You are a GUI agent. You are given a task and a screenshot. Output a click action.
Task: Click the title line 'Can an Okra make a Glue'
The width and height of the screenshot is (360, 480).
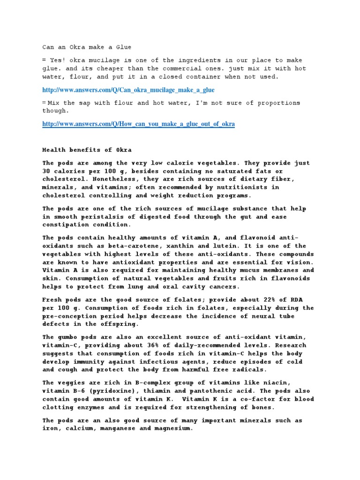pyautogui.click(x=87, y=47)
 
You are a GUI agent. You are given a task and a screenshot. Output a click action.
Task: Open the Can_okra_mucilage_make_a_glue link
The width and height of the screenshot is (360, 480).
pyautogui.click(x=128, y=90)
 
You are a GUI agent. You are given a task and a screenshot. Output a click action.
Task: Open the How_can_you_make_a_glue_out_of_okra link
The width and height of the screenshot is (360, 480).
pyautogui.click(x=139, y=124)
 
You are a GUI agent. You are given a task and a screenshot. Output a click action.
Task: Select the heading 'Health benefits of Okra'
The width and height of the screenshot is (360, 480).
pyautogui.click(x=87, y=150)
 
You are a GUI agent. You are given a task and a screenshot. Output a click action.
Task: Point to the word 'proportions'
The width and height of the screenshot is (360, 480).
pyautogui.click(x=278, y=103)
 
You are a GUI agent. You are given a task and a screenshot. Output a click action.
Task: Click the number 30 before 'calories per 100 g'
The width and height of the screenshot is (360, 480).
pyautogui.click(x=46, y=172)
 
